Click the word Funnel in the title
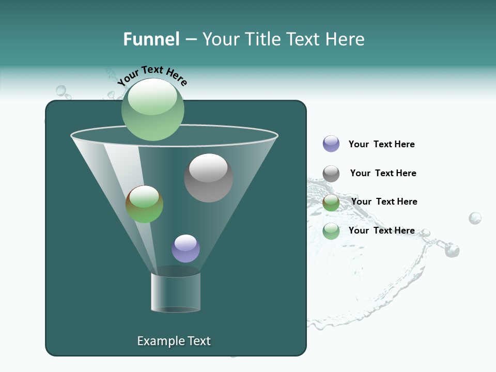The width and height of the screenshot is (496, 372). click(151, 39)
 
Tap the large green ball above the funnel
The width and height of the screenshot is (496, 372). click(153, 110)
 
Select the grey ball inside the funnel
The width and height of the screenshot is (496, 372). click(208, 178)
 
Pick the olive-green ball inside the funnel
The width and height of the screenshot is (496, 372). click(144, 204)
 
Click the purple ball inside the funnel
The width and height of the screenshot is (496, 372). click(185, 249)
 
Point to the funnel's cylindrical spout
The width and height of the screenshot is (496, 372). click(176, 292)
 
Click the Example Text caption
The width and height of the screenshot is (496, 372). click(174, 341)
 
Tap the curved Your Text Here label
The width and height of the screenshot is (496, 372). click(152, 75)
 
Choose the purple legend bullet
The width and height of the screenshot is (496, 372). click(331, 144)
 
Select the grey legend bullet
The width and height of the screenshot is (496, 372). click(331, 174)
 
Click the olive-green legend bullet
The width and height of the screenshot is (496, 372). click(331, 203)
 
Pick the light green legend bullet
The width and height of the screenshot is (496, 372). click(331, 231)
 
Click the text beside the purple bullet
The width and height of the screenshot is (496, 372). click(381, 144)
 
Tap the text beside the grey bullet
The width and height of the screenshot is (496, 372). click(383, 173)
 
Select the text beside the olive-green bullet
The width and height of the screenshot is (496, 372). click(384, 202)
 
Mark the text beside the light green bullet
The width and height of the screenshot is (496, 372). click(381, 230)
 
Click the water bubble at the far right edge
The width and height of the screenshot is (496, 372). click(475, 218)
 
